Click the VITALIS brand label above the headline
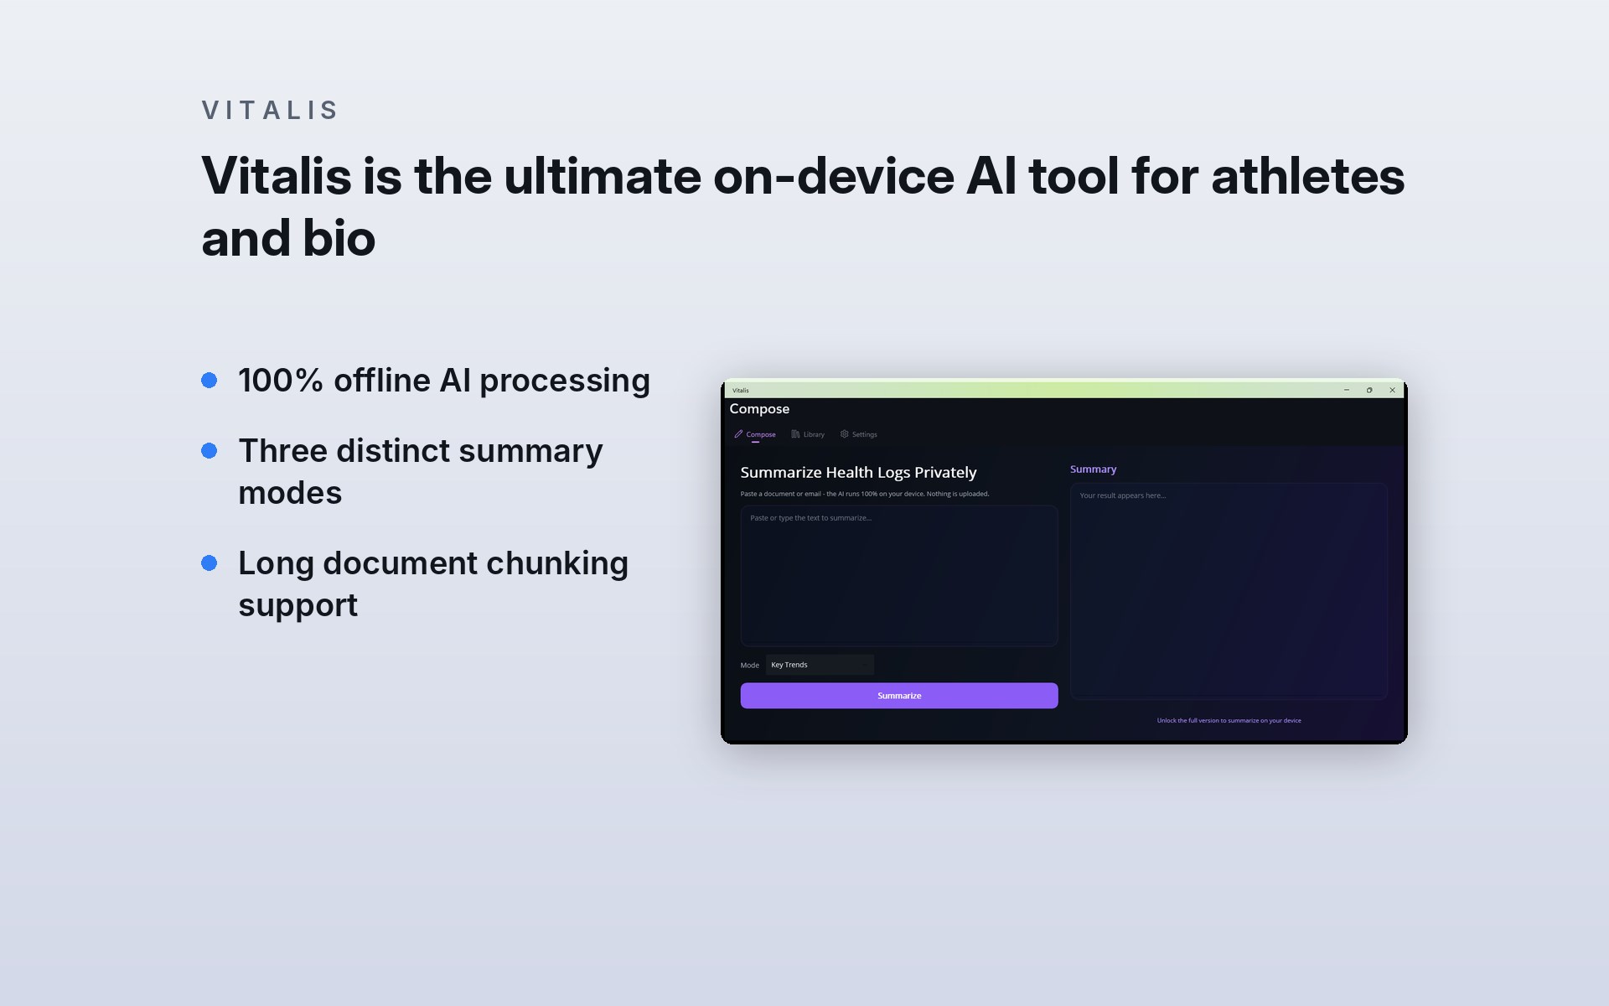click(269, 110)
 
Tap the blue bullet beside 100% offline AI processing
click(210, 381)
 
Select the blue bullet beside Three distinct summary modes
click(210, 451)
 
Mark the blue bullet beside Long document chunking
click(210, 563)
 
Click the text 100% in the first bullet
click(281, 381)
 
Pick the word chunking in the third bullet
click(557, 563)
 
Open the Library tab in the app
click(808, 434)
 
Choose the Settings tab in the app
click(859, 434)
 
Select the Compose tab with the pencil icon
click(755, 434)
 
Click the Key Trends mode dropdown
click(820, 665)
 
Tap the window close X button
click(1393, 390)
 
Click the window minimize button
click(1347, 390)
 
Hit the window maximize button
click(1369, 390)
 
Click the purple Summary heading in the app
click(1093, 469)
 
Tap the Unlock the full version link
click(1229, 720)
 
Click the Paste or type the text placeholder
click(810, 518)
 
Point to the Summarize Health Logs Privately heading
click(858, 473)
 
